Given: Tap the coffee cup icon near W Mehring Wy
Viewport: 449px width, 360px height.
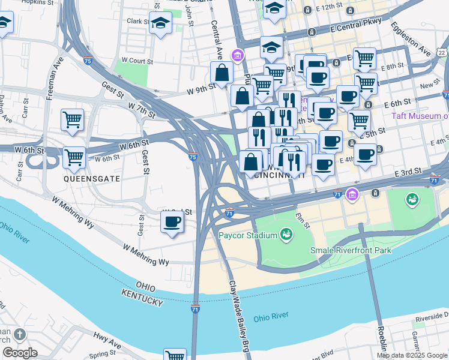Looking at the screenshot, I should click(x=172, y=223).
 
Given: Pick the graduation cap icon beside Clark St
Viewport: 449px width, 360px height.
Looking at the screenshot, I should click(x=161, y=23).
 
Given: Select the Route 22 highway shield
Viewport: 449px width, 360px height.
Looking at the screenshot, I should click(x=442, y=53).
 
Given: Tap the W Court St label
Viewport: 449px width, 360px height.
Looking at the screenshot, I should click(x=137, y=61).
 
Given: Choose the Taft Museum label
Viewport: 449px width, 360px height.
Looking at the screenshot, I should click(x=420, y=116).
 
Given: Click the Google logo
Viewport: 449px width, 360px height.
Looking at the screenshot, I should click(x=20, y=353).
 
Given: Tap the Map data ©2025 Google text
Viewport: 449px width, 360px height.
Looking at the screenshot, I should click(x=411, y=355).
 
